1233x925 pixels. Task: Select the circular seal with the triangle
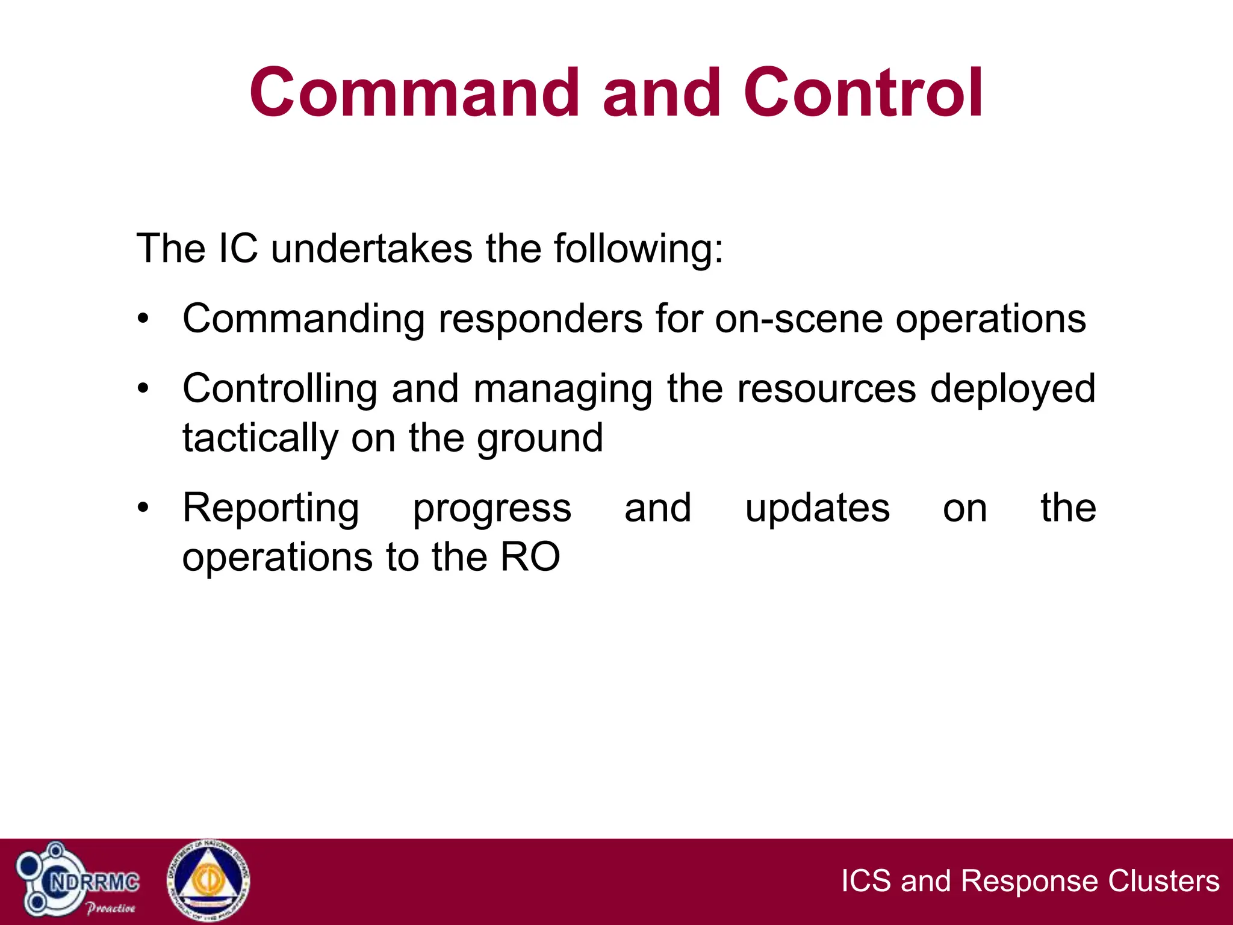pos(208,881)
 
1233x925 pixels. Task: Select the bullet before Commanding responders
pos(143,319)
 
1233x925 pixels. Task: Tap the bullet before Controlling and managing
pos(143,388)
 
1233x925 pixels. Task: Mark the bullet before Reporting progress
pos(143,508)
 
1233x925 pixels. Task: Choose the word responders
pos(540,319)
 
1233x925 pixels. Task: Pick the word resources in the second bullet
pos(826,388)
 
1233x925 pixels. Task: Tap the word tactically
pos(260,438)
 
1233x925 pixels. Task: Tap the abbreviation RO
pos(530,556)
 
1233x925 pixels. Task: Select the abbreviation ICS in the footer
pos(865,880)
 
